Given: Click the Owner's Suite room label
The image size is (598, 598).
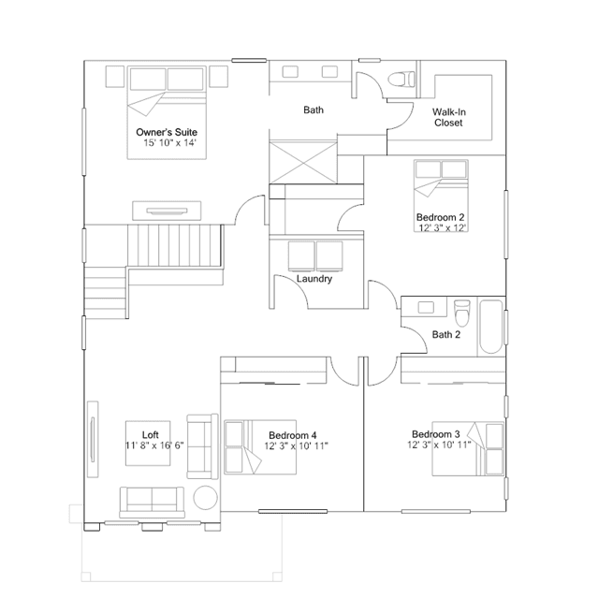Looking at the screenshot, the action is pyautogui.click(x=167, y=132).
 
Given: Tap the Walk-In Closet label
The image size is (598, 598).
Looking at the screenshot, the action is pyautogui.click(x=449, y=118).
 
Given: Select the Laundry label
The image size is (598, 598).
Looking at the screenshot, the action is pyautogui.click(x=314, y=279).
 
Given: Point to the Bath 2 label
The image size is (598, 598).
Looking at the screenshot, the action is pyautogui.click(x=446, y=334).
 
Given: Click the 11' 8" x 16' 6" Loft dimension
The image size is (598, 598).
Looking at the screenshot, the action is pyautogui.click(x=154, y=445).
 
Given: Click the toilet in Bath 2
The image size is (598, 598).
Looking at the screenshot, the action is pyautogui.click(x=462, y=313).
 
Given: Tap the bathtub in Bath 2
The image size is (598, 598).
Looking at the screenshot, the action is pyautogui.click(x=490, y=327).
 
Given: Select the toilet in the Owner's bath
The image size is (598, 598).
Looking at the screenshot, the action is pyautogui.click(x=401, y=79).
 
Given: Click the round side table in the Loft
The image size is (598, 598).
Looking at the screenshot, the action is pyautogui.click(x=206, y=498).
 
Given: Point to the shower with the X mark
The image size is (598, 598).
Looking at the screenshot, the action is pyautogui.click(x=303, y=163).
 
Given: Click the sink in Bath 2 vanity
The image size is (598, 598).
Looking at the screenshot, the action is pyautogui.click(x=426, y=307).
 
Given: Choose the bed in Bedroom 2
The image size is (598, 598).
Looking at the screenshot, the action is pyautogui.click(x=441, y=196).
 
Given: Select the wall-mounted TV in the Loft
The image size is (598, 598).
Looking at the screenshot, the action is pyautogui.click(x=93, y=439).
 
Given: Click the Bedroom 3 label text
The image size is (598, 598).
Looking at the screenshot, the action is pyautogui.click(x=435, y=434).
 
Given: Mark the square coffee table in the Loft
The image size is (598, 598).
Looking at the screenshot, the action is pyautogui.click(x=148, y=444).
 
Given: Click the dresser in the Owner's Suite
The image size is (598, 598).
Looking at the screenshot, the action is pyautogui.click(x=167, y=211).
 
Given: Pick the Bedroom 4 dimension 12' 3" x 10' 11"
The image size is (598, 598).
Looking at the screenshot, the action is pyautogui.click(x=297, y=445).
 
